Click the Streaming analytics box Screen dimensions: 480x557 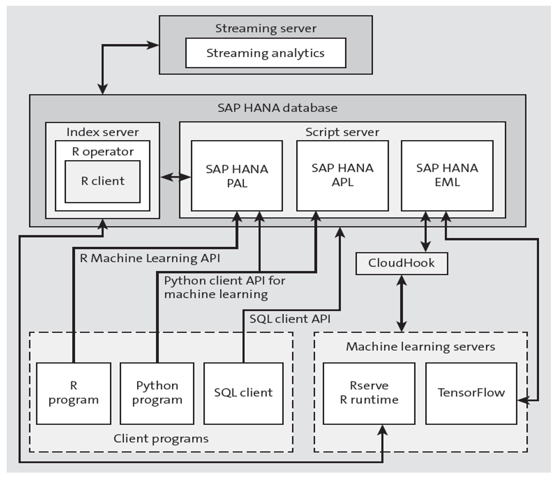click(265, 53)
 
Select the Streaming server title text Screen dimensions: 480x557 click(265, 29)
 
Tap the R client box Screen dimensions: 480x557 click(102, 181)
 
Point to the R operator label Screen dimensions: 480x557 click(102, 152)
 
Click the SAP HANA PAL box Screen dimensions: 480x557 click(237, 176)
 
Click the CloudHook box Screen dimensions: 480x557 click(401, 263)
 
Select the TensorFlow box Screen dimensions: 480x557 click(471, 393)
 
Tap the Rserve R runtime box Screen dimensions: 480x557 click(369, 393)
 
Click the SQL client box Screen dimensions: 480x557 click(243, 393)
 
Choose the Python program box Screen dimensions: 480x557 click(157, 393)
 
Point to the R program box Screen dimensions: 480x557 click(73, 393)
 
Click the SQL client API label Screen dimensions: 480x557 click(290, 319)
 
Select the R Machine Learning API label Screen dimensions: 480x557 click(150, 258)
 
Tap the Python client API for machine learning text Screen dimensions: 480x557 click(224, 287)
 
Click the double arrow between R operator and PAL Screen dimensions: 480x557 click(176, 177)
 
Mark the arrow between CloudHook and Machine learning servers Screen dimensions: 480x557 click(402, 303)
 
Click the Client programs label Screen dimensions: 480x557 click(161, 439)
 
